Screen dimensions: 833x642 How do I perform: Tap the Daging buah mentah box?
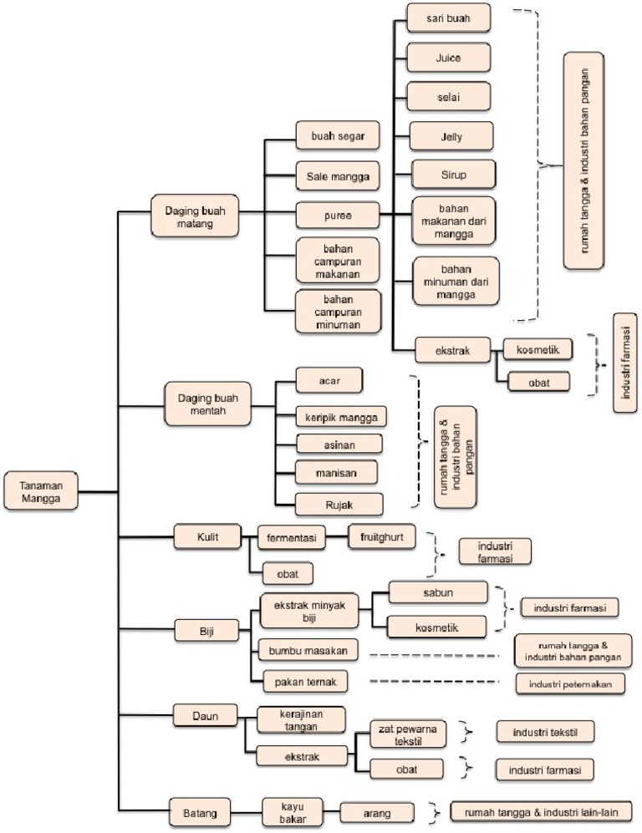tap(207, 404)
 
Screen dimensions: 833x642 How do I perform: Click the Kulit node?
tap(208, 536)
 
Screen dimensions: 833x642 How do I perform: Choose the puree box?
tap(338, 216)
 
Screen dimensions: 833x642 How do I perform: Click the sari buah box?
tap(448, 18)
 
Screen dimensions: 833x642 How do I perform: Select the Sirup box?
tap(452, 175)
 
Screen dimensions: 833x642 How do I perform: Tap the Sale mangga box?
tap(338, 175)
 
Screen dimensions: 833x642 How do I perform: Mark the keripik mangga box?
tap(340, 415)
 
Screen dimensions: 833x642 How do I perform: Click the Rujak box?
tap(339, 503)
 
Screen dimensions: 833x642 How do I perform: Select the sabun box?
tap(436, 593)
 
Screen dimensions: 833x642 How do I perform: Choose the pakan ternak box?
tap(302, 682)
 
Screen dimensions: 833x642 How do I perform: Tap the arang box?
tap(377, 811)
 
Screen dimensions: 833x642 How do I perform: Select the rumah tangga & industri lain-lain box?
tap(541, 810)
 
